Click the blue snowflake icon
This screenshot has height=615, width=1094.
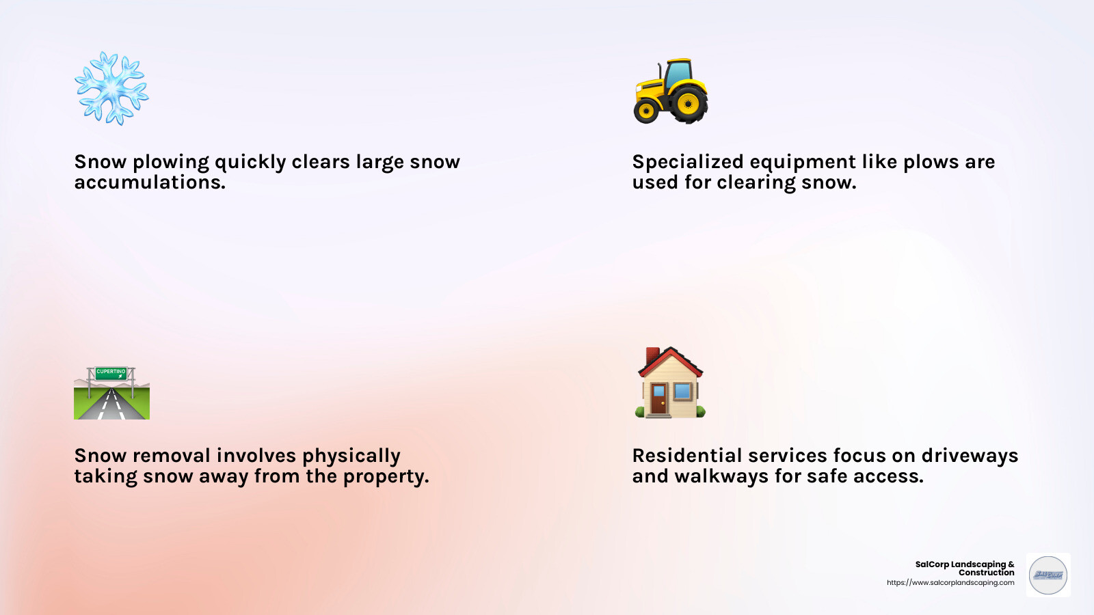point(111,88)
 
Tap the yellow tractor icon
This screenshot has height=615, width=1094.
point(671,91)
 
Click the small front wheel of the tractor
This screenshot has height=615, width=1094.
point(646,111)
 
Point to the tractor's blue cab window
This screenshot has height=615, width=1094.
point(678,74)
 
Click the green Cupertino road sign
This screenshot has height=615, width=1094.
point(111,372)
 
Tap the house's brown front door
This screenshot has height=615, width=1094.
point(658,400)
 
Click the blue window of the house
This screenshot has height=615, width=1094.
point(682,392)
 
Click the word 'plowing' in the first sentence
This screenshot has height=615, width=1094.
point(171,163)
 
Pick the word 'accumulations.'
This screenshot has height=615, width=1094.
point(150,182)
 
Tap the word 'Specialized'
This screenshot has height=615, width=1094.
point(687,162)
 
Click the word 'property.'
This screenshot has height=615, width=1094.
point(386,477)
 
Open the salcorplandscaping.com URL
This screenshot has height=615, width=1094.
point(950,583)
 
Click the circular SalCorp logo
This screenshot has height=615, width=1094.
point(1048,575)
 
